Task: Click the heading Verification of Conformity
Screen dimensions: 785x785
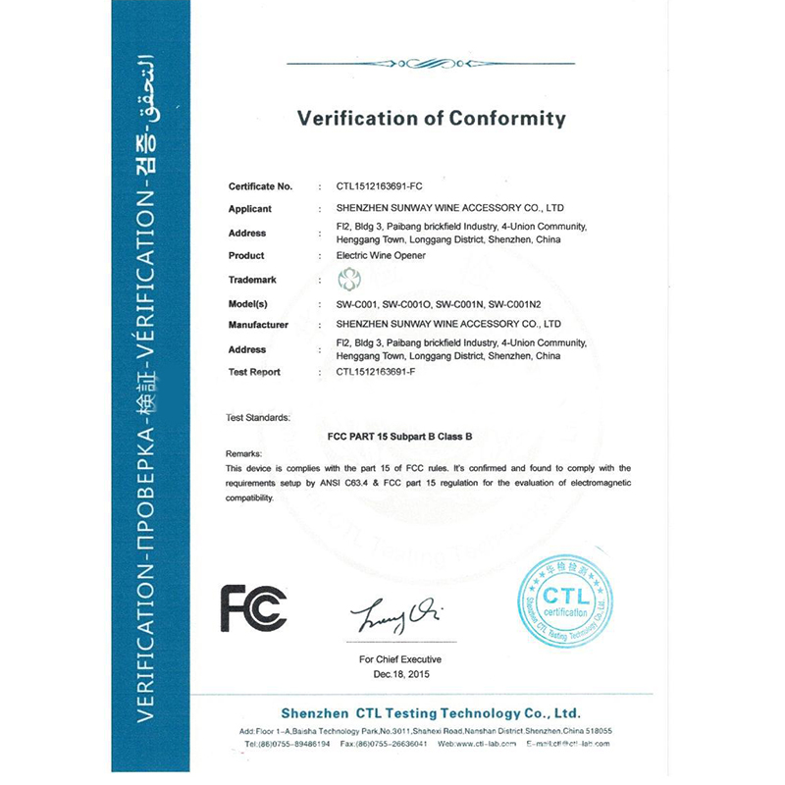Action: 432,120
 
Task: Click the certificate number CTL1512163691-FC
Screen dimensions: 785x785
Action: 379,185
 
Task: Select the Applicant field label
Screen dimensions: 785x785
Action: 250,209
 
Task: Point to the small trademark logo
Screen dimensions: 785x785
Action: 349,280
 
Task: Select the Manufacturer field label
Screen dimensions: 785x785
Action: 258,324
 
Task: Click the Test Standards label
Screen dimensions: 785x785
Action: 258,417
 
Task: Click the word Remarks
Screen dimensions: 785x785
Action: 244,454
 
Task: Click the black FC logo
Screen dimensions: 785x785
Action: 253,607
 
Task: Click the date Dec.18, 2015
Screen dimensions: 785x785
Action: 400,675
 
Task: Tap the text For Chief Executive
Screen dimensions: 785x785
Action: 400,659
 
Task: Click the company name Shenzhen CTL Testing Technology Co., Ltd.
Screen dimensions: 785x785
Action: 431,712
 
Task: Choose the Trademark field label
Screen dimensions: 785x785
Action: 252,280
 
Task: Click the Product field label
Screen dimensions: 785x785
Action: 246,255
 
